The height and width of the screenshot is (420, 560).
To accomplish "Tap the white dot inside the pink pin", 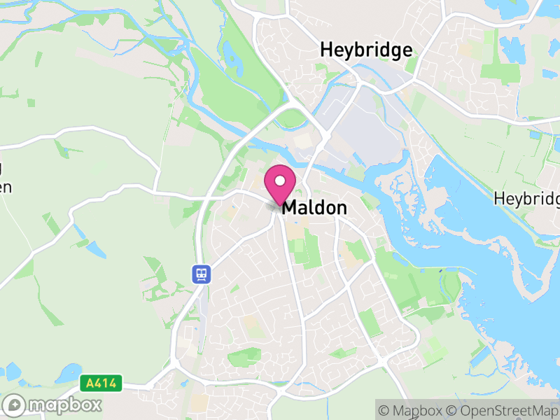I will click(x=280, y=181).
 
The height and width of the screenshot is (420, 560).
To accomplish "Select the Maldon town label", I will click(x=314, y=208).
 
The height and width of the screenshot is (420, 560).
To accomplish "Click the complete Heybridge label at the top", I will click(x=366, y=50).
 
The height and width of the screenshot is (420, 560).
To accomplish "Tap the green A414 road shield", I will click(x=101, y=384).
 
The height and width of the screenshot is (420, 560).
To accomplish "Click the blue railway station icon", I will click(x=202, y=274).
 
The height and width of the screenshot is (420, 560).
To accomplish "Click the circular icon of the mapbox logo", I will click(x=14, y=405).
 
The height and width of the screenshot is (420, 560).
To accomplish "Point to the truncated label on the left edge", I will click(x=6, y=178).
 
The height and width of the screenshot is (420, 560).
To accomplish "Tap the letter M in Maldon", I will click(x=290, y=208).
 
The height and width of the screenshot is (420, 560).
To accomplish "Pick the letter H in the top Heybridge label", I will click(x=326, y=50).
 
